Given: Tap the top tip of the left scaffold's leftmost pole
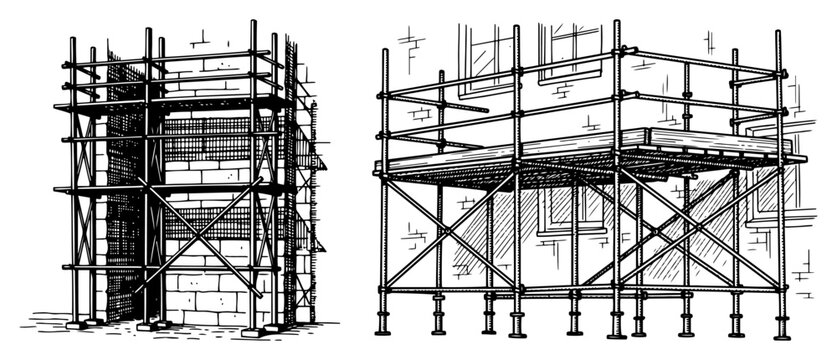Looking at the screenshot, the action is (x=72, y=40).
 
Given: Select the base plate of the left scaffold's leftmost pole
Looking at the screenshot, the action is (x=75, y=323).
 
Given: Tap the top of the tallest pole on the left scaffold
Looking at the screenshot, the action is (x=253, y=22).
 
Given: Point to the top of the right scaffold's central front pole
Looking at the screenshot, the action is (x=617, y=22).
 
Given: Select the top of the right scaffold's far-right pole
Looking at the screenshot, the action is (x=778, y=32).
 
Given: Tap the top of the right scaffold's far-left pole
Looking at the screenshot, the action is (x=384, y=51).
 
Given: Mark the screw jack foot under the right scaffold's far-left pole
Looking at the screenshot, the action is (x=384, y=322).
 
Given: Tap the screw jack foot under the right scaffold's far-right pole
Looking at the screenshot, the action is (x=777, y=325).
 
